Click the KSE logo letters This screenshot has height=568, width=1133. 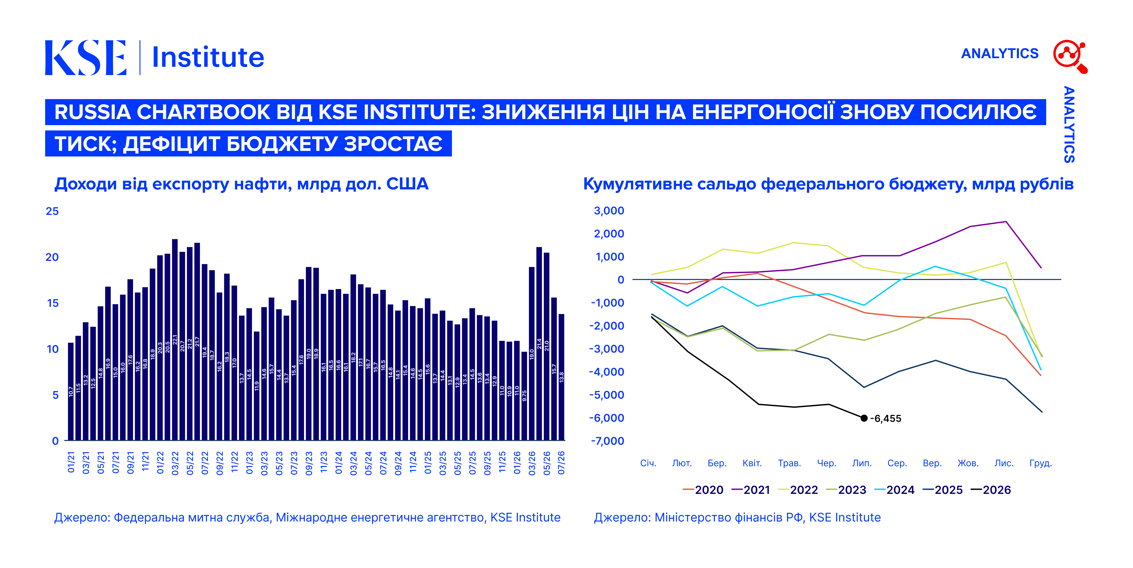tap(86, 58)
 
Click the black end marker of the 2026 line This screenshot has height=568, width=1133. tap(864, 418)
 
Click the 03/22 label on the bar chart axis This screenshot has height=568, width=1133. tap(175, 462)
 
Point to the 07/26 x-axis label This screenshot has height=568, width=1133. tap(561, 462)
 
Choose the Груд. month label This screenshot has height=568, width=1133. tap(1041, 463)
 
